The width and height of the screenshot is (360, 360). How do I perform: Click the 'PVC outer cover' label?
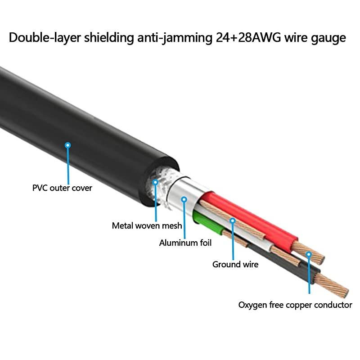click(62, 188)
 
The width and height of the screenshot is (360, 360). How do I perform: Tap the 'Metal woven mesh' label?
click(147, 225)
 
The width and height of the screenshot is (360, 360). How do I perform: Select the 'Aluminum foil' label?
click(185, 243)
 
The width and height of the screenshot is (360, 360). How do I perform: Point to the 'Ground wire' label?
click(235, 264)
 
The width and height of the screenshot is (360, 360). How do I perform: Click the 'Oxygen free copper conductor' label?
click(295, 305)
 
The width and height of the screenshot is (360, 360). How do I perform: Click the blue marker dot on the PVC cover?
click(68, 145)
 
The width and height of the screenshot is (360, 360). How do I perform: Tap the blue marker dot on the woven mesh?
click(156, 182)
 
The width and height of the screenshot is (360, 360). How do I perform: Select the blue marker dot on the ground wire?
click(233, 220)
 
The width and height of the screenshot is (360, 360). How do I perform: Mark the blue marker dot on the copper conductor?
click(309, 254)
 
